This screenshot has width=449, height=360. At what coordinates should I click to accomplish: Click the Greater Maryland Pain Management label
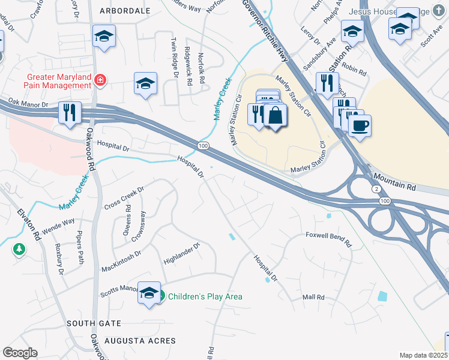[58, 81]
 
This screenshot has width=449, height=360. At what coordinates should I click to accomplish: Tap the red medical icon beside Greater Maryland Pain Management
[100, 79]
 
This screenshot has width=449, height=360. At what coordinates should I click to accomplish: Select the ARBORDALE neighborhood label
[125, 11]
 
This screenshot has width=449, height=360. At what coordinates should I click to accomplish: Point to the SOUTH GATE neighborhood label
[94, 323]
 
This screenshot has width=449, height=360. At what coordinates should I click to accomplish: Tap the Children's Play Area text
[205, 296]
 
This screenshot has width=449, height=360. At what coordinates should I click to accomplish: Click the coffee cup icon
[360, 126]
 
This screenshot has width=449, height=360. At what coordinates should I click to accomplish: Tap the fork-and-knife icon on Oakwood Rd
[70, 112]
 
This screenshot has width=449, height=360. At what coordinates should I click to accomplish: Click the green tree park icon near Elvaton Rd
[19, 248]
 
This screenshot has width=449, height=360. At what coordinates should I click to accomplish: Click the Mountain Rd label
[394, 179]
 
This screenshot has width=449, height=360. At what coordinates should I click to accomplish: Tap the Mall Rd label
[313, 297]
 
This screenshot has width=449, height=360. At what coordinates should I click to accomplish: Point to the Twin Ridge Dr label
[175, 58]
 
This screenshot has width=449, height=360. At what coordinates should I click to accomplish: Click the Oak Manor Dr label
[28, 104]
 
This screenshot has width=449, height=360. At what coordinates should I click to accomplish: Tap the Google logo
[20, 352]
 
